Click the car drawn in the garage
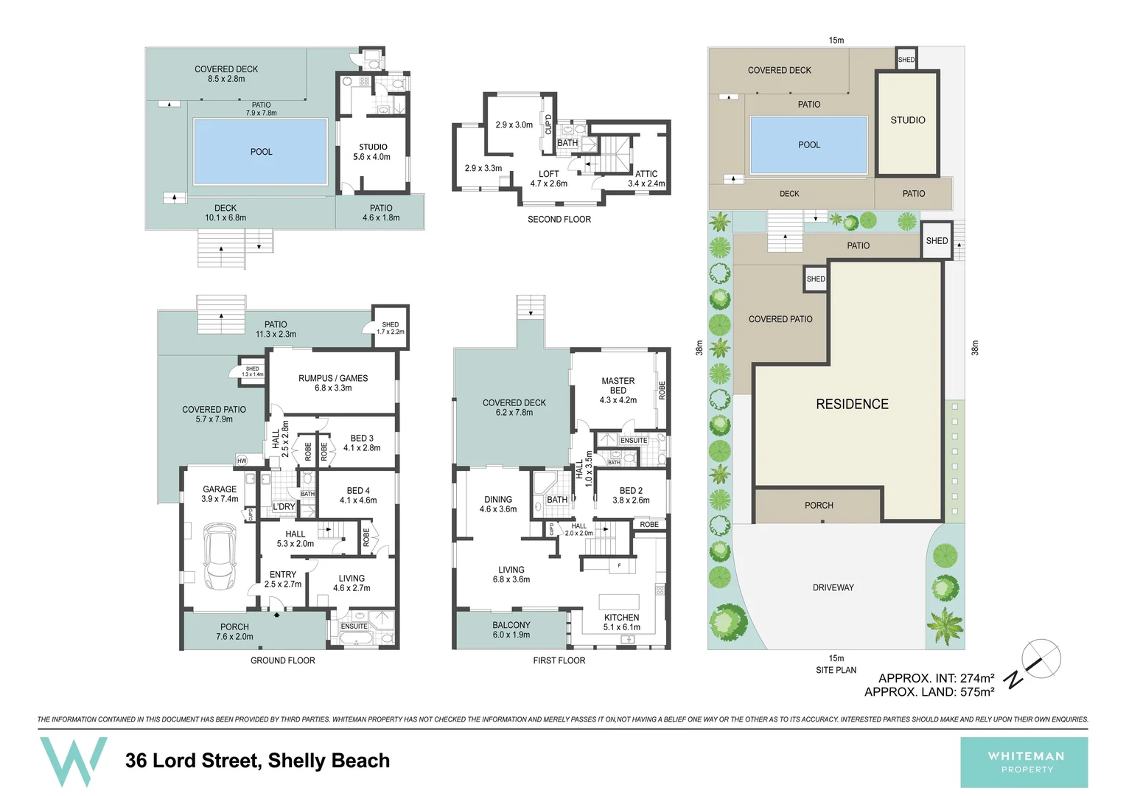pyautogui.click(x=220, y=556)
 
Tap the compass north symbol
pyautogui.click(x=1041, y=659)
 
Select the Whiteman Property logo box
pyautogui.click(x=1024, y=762)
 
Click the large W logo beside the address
pyautogui.click(x=73, y=761)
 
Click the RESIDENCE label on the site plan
pyautogui.click(x=852, y=404)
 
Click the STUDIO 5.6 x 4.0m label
pyautogui.click(x=373, y=152)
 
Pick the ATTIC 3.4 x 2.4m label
pyautogui.click(x=646, y=179)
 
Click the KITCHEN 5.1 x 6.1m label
pyautogui.click(x=621, y=622)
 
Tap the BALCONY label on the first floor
pyautogui.click(x=511, y=629)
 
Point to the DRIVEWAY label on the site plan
pyautogui.click(x=833, y=587)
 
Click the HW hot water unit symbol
pyautogui.click(x=242, y=461)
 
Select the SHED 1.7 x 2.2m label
pyautogui.click(x=390, y=328)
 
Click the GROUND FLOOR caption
pyautogui.click(x=282, y=660)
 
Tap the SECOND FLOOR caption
pyautogui.click(x=559, y=219)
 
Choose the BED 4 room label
pyautogui.click(x=358, y=495)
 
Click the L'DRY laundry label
pyautogui.click(x=284, y=506)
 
